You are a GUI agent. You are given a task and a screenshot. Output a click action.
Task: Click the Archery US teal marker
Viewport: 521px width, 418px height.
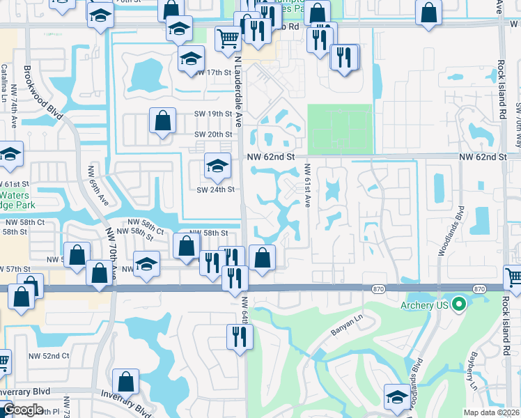458,304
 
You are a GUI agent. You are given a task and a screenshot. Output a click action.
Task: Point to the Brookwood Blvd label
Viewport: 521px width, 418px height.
43,93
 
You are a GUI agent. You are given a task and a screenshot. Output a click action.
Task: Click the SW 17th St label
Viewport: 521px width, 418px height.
213,72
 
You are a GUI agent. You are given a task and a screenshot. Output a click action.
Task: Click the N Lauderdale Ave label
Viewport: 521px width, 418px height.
238,91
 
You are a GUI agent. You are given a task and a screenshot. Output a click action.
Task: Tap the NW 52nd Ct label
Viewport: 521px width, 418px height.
49,356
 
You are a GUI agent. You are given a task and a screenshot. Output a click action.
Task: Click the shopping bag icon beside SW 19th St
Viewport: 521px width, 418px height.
162,120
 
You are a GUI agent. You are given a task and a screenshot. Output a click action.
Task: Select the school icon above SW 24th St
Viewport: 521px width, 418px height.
217,166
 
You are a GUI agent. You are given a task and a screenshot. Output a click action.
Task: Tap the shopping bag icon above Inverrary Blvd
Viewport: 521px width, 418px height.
126,381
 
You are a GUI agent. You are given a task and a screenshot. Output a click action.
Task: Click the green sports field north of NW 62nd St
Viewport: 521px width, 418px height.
340,129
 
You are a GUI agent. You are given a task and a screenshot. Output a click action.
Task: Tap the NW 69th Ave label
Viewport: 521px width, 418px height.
98,184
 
